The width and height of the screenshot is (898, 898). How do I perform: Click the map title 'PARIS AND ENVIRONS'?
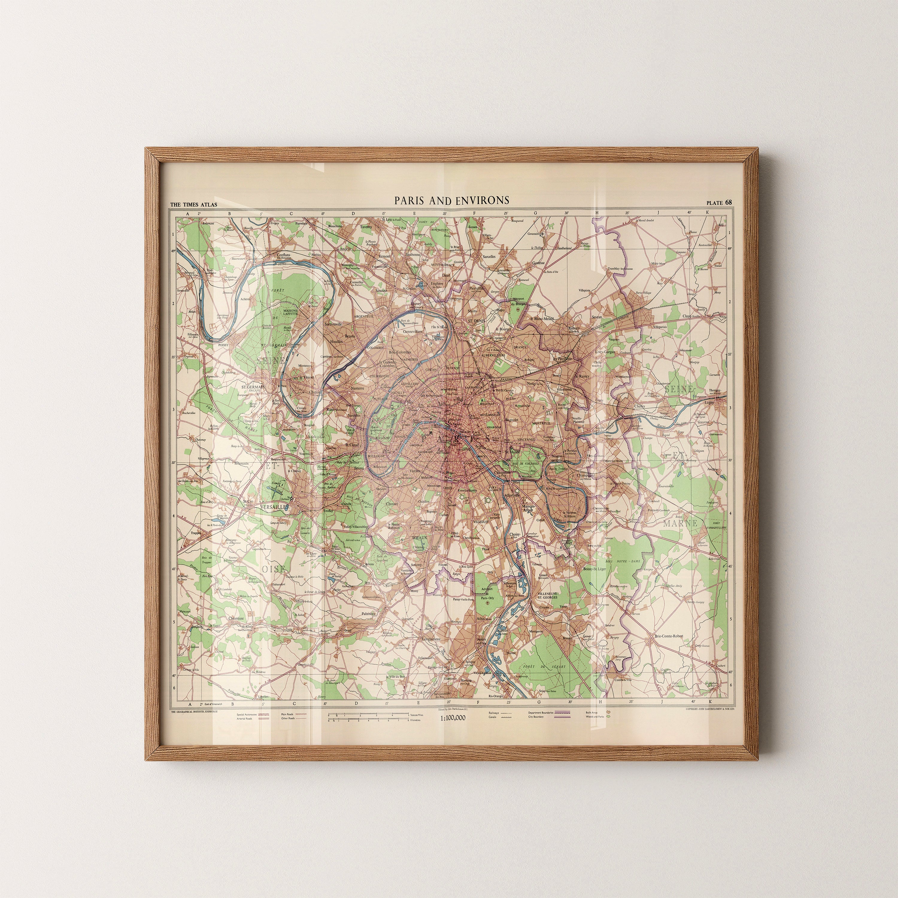coord(451,200)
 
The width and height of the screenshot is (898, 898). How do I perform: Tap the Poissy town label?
coord(224,345)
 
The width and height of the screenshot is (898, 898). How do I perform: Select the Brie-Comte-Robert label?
coord(668,636)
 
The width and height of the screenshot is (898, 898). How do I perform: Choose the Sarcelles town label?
coord(489,257)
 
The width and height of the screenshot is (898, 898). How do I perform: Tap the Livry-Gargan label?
coord(605,352)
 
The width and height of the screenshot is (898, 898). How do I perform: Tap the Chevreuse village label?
coord(236,619)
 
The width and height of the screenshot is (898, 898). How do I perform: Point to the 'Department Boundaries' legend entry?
coord(541,712)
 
